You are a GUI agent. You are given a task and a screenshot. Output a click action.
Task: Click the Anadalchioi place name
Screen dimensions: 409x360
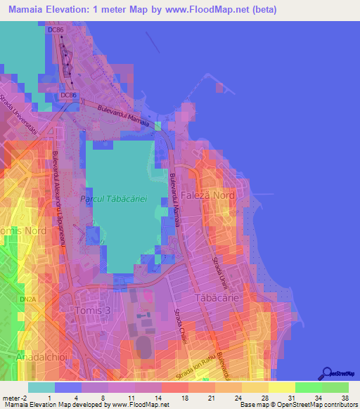pos(40,359)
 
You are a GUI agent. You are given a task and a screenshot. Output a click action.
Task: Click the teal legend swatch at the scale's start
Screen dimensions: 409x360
pos(41,387)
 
